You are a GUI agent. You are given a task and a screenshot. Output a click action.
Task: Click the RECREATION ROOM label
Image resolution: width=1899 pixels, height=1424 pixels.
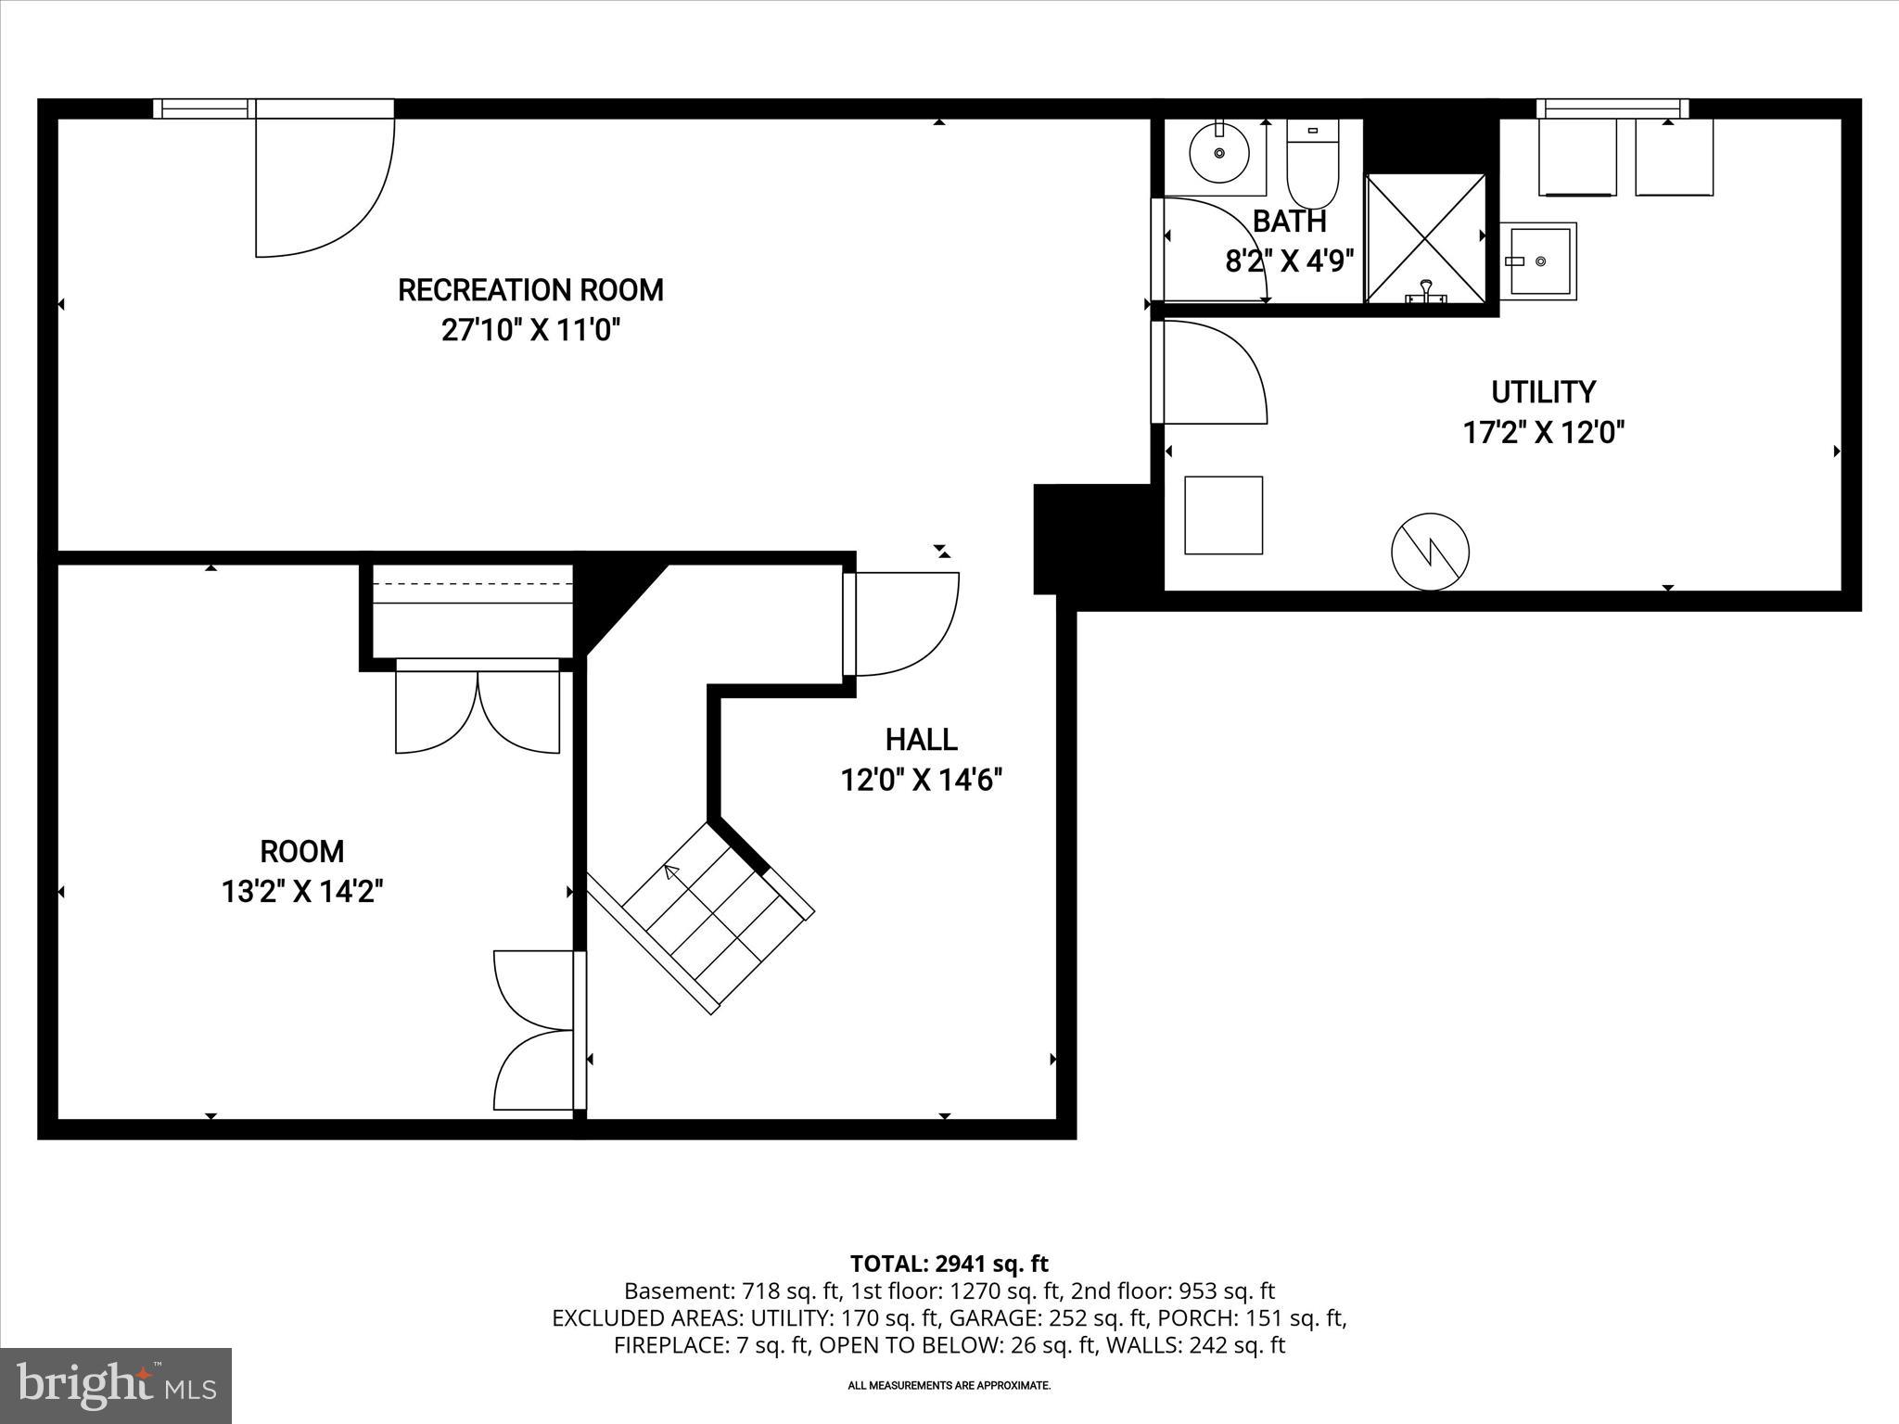530,290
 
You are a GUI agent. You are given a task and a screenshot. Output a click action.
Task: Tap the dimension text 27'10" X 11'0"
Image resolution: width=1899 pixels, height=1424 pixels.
530,331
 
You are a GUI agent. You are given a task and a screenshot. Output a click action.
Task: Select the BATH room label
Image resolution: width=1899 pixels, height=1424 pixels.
1289,222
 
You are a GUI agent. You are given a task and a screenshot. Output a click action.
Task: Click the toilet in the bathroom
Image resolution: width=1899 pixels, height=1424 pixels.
1312,167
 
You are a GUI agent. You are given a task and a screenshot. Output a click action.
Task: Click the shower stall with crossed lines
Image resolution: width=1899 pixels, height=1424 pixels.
1425,238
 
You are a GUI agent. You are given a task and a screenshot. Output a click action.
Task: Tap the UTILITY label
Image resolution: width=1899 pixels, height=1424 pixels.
1543,392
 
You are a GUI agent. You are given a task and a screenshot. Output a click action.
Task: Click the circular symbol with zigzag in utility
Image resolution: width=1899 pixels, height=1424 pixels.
1430,552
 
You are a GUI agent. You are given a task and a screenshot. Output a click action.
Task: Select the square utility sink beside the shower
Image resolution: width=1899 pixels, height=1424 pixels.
1537,261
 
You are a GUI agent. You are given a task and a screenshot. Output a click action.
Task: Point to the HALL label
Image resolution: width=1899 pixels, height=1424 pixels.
921,740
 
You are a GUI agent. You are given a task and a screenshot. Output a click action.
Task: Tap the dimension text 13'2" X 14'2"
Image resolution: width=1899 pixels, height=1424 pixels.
302,892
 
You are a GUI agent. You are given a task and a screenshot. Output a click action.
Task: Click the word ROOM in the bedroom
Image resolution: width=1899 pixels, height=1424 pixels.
301,851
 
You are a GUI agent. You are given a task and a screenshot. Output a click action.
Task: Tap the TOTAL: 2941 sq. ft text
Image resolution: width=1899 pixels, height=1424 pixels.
949,1264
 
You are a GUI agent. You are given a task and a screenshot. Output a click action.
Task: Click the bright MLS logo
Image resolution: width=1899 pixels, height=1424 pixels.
116,1385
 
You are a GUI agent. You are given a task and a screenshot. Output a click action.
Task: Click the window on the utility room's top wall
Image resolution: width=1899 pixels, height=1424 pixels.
1612,108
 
